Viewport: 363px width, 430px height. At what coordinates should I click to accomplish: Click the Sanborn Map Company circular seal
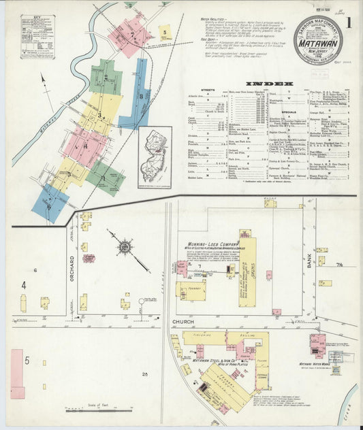click(317, 39)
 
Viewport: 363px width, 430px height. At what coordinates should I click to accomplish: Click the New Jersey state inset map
click(155, 157)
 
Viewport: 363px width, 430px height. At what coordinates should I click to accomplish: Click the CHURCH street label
click(184, 320)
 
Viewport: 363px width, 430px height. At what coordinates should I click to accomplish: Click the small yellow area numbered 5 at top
click(163, 31)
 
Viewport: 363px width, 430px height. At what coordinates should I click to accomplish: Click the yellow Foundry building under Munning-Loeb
click(191, 291)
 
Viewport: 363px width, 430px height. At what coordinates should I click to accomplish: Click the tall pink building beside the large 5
click(17, 373)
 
